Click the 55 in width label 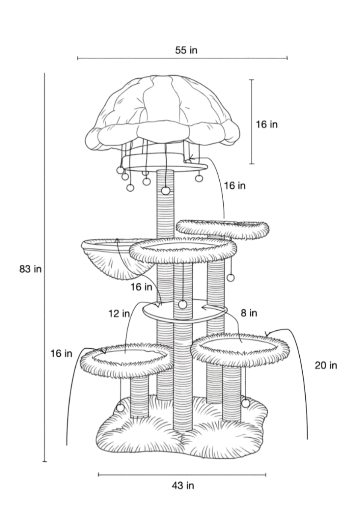point(186,50)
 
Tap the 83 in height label point(30,269)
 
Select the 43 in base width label point(183,486)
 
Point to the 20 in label point(326,365)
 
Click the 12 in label point(119,314)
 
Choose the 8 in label point(248,313)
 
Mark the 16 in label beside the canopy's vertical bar point(266,125)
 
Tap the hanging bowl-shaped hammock point(107,257)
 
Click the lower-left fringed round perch point(126,359)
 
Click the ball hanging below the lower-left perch point(121,408)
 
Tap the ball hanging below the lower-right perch point(245,403)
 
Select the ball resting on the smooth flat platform point(183,305)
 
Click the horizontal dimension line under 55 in point(182,58)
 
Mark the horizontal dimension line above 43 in point(182,474)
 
